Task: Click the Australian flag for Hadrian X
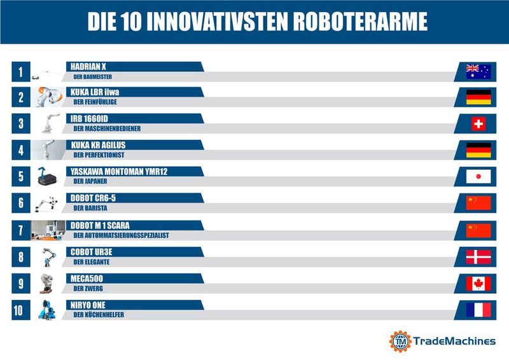[x=478, y=72]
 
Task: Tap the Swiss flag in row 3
[x=478, y=123]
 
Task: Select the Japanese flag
[x=478, y=176]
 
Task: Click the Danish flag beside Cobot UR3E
[x=478, y=256]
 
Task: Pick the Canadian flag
[x=478, y=283]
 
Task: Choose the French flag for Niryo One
[x=478, y=310]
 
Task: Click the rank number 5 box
[x=20, y=177]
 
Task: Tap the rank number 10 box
[x=20, y=310]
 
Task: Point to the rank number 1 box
[x=20, y=72]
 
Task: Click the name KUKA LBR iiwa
[x=95, y=92]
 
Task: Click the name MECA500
[x=87, y=278]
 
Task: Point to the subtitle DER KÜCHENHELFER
[x=99, y=315]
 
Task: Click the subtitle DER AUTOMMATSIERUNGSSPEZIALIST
[x=121, y=235]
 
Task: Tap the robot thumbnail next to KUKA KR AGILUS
[x=47, y=150]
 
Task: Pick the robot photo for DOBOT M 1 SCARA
[x=47, y=230]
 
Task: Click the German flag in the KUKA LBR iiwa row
[x=478, y=97]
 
